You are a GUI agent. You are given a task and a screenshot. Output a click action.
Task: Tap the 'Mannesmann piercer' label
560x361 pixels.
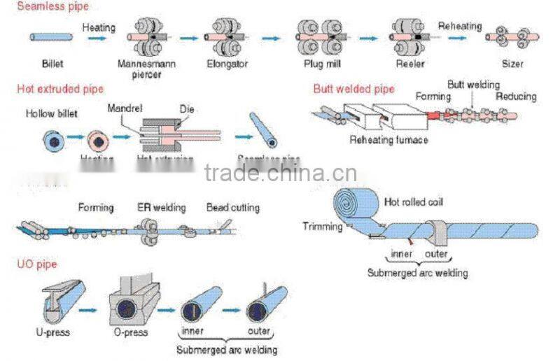[x=147, y=69]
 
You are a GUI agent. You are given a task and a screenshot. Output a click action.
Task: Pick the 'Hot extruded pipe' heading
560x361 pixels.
[x=60, y=89]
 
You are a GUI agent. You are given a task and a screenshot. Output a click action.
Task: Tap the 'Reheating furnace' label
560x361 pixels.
[x=388, y=140]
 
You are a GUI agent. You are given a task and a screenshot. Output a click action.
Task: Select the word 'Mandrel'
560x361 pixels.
[x=125, y=108]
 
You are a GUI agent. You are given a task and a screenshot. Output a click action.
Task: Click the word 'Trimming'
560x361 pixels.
[x=323, y=226]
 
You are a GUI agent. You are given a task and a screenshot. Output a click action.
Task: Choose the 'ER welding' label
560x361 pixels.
[x=161, y=208]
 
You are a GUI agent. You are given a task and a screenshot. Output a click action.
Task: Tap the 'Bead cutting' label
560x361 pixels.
[x=232, y=208]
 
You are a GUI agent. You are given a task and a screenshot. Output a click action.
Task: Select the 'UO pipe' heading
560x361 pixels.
[x=36, y=264]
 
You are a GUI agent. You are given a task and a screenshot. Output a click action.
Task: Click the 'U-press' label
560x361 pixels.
[x=51, y=332]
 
